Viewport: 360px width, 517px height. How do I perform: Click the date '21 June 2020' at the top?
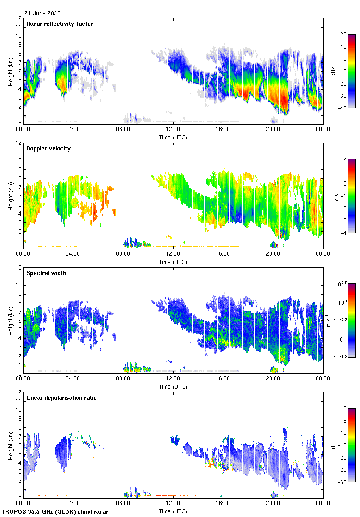(42, 13)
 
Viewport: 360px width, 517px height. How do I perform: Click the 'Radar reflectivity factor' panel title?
(60, 24)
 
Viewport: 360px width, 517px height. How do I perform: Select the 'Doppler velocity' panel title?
(48, 149)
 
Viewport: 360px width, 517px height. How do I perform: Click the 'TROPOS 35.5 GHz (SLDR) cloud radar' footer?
(56, 512)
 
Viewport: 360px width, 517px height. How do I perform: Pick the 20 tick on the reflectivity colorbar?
(343, 35)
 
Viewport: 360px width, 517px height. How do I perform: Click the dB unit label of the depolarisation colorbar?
(333, 445)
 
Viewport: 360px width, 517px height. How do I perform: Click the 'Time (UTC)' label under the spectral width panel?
(173, 386)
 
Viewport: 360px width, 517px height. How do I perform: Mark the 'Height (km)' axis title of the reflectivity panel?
(10, 71)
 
